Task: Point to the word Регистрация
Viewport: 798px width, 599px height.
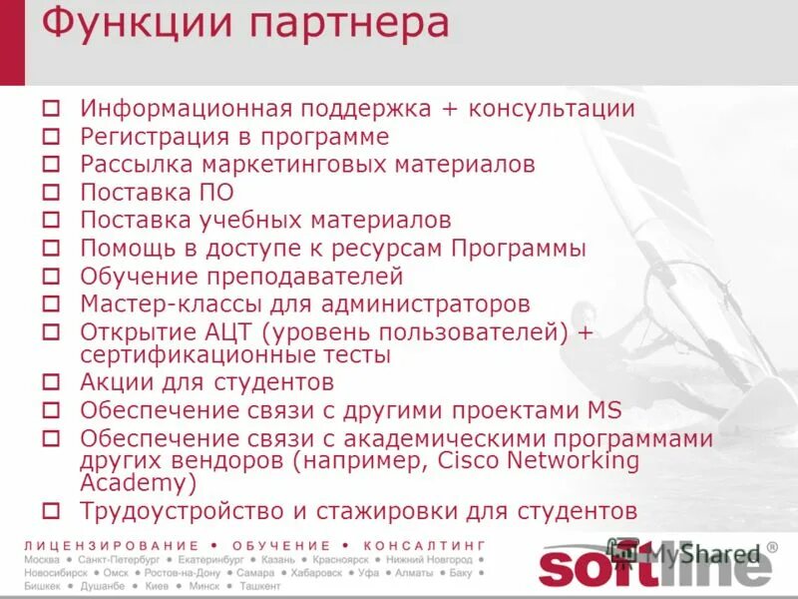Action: (x=150, y=137)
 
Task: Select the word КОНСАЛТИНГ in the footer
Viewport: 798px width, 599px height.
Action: (x=424, y=546)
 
